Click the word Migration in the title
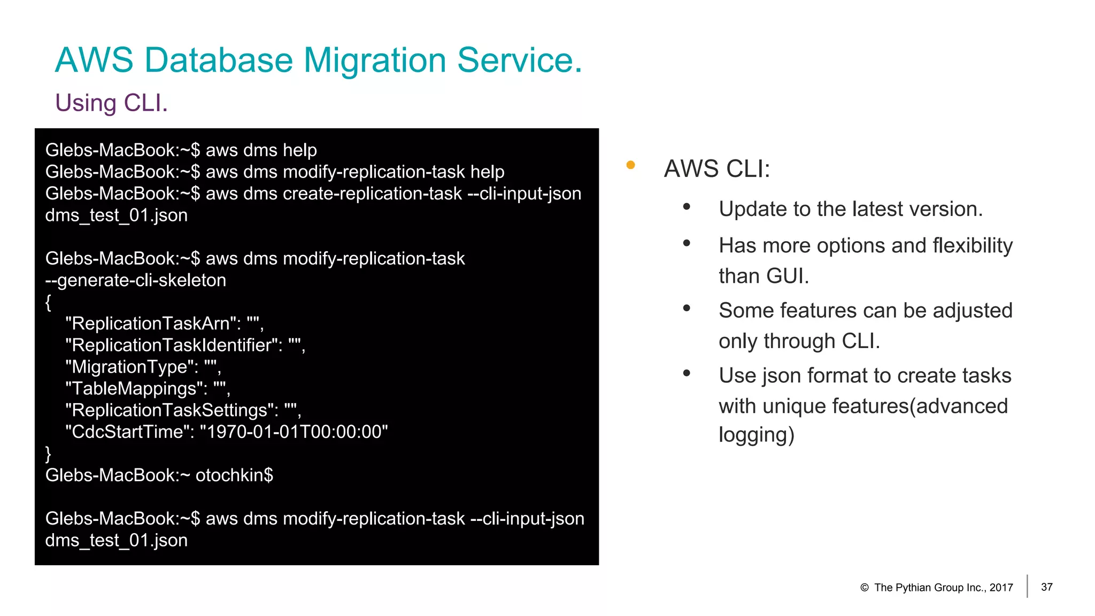[x=374, y=60]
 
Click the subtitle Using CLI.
[x=111, y=103]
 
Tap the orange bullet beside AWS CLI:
[x=630, y=165]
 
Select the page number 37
[x=1046, y=587]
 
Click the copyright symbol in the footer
[x=864, y=588]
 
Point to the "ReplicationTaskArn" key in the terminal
[x=151, y=324]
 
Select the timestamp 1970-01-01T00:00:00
[x=294, y=432]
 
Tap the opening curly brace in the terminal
[x=48, y=302]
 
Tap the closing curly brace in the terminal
[x=48, y=453]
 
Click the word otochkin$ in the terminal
[x=234, y=475]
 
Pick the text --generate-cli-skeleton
[x=135, y=280]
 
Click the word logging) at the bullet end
[x=756, y=435]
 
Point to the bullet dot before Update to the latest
[x=687, y=207]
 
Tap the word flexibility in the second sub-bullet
[x=972, y=245]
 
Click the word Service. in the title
[x=519, y=60]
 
